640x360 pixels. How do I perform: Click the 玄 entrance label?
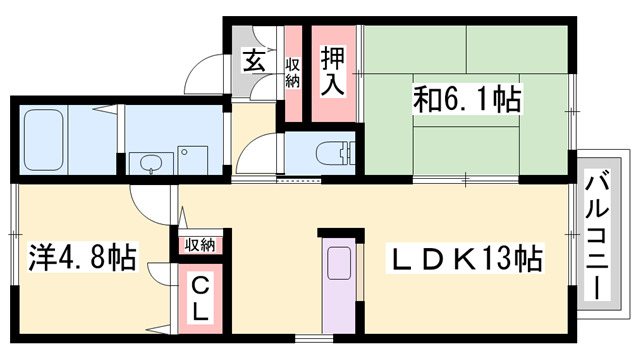click(254, 61)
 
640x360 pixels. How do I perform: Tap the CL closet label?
click(200, 299)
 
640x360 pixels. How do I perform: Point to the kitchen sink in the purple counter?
click(337, 263)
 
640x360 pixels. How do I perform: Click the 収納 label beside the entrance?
click(292, 73)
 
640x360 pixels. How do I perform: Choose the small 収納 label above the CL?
click(199, 245)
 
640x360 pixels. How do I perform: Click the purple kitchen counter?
click(337, 290)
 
